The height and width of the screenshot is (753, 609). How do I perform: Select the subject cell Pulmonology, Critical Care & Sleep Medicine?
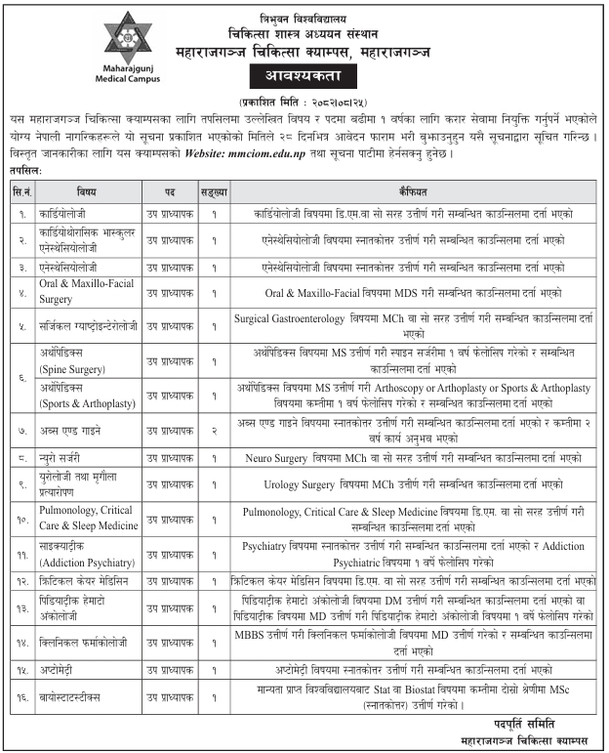click(89, 518)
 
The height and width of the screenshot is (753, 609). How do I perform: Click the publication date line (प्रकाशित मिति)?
click(305, 102)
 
